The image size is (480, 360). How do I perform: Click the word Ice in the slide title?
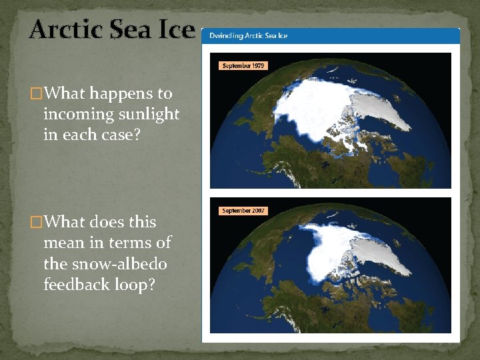click(x=177, y=30)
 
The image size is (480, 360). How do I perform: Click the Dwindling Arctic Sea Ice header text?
click(x=249, y=35)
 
